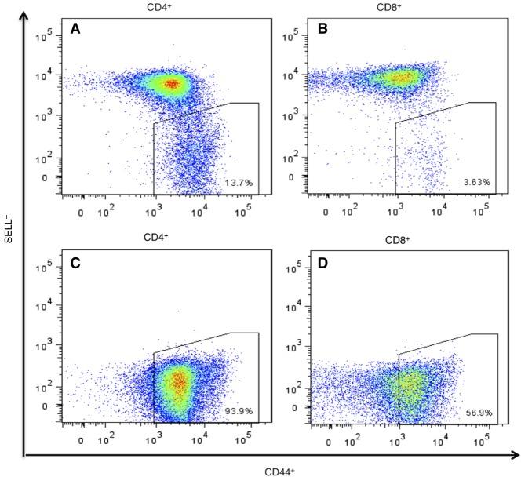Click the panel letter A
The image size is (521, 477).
[x=76, y=30]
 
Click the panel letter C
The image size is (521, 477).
[x=76, y=263]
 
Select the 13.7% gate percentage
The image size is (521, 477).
[x=236, y=182]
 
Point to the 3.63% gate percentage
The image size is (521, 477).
[x=476, y=182]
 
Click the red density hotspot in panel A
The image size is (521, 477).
[x=171, y=83]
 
